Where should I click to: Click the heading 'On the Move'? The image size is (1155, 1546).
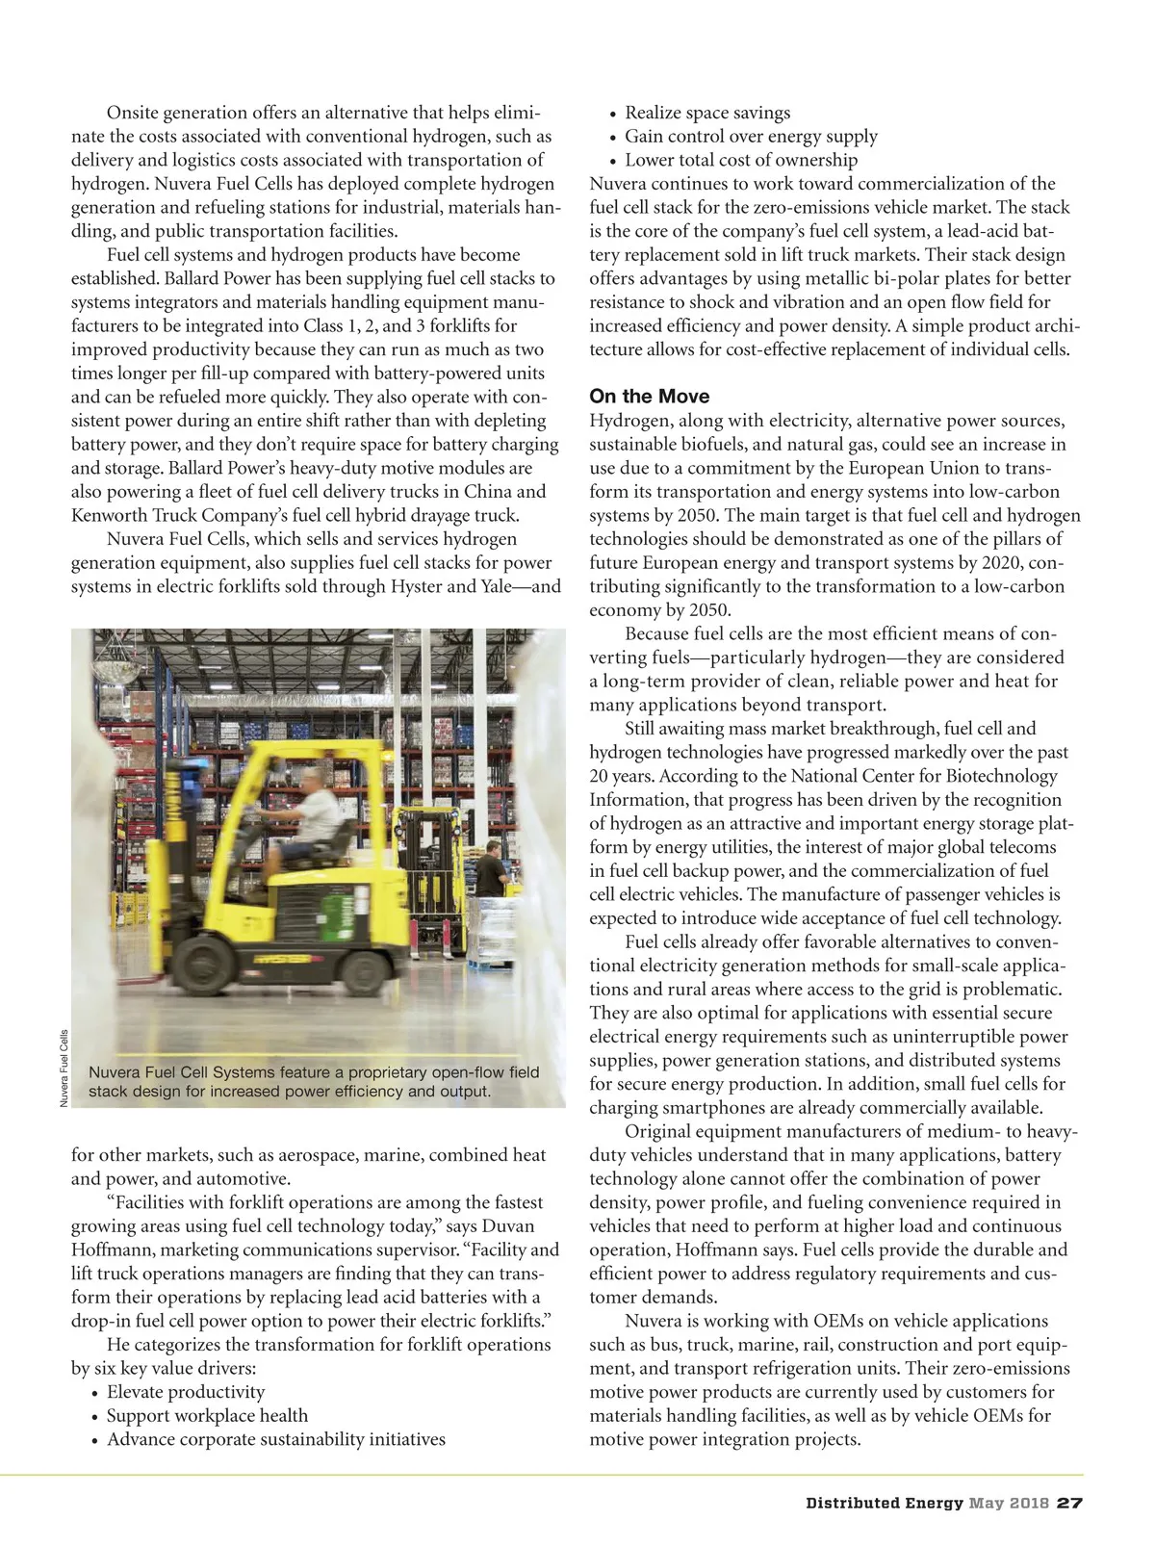pos(649,397)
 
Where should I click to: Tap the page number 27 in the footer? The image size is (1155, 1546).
pos(1069,1504)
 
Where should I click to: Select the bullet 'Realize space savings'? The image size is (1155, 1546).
pos(707,113)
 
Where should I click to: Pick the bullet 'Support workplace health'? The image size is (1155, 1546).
pos(207,1416)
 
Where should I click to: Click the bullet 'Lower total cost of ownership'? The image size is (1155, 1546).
pos(740,160)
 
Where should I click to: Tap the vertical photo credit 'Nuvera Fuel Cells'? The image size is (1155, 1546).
pos(64,1068)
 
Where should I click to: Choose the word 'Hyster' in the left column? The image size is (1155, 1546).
pos(417,586)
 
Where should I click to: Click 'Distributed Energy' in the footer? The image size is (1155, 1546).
pos(884,1504)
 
